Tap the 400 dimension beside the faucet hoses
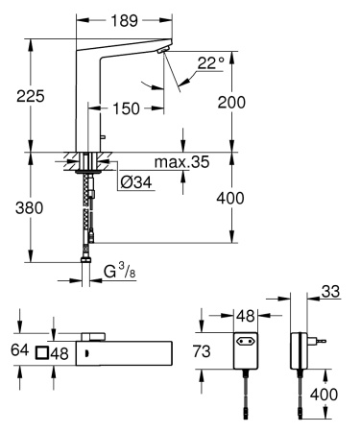[246, 198]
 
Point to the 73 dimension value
[216, 352]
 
